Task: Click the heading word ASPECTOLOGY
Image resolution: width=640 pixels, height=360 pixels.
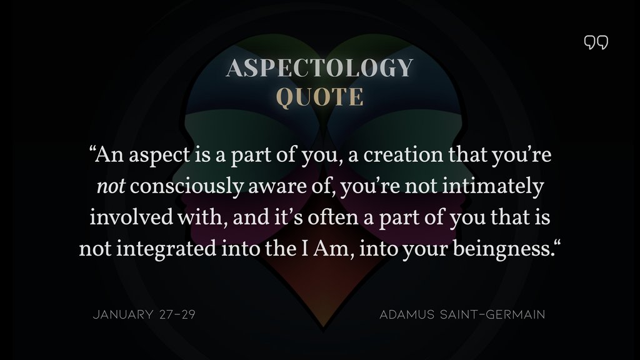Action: click(x=319, y=68)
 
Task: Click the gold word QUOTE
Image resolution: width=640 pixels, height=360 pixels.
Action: click(x=319, y=97)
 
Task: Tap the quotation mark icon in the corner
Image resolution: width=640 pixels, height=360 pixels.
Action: click(x=596, y=42)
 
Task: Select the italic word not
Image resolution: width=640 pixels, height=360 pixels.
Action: click(x=110, y=186)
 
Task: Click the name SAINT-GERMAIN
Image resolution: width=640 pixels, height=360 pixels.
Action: click(x=495, y=314)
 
